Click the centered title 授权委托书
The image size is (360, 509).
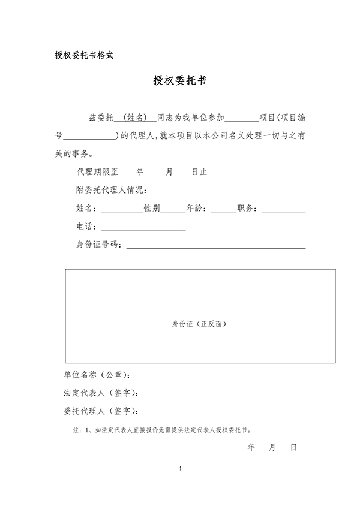(180, 81)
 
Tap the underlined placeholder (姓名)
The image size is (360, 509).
(134, 117)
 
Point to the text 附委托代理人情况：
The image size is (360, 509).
(112, 190)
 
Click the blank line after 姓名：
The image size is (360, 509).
(122, 210)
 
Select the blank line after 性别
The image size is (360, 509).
(173, 210)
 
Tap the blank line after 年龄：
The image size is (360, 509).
(224, 210)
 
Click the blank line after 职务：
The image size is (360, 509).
(284, 210)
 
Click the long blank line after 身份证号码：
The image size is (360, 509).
(215, 246)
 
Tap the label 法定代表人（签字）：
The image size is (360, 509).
(101, 393)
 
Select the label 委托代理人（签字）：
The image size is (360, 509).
(101, 411)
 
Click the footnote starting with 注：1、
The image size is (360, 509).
(162, 430)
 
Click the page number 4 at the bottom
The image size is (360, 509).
(179, 468)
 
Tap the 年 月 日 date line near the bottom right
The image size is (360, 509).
(272, 448)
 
